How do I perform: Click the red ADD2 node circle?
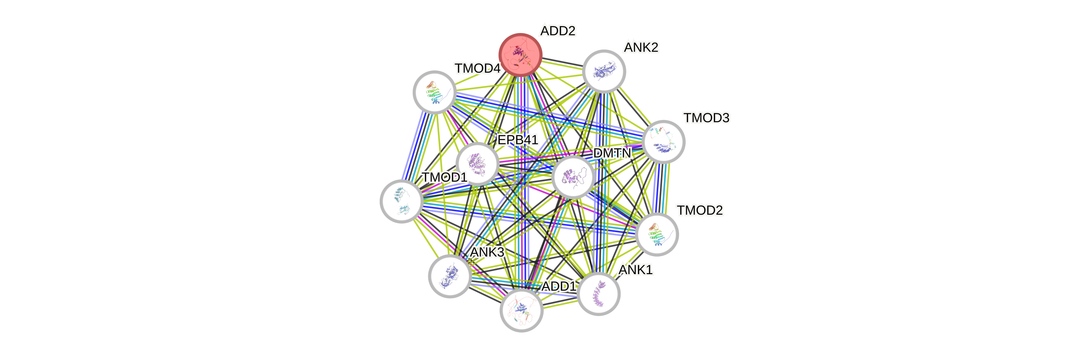[x=520, y=54]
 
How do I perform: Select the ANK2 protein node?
[x=604, y=71]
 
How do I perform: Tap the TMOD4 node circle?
[x=434, y=92]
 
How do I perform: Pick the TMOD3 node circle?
[x=664, y=142]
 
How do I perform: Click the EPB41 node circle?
[x=477, y=163]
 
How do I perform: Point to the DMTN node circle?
[x=573, y=177]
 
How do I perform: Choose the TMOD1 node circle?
[x=401, y=201]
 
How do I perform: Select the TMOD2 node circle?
[x=657, y=234]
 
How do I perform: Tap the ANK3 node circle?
[x=450, y=276]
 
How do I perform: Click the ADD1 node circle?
[x=521, y=310]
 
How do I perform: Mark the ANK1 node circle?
[x=599, y=294]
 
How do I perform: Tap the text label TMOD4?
[x=477, y=68]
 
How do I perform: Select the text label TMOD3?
[x=707, y=118]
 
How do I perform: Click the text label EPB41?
[x=518, y=140]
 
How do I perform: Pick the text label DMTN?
[x=612, y=153]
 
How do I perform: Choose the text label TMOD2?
[x=700, y=210]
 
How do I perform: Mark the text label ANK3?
[x=487, y=252]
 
